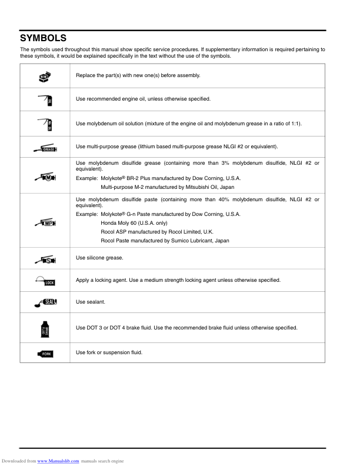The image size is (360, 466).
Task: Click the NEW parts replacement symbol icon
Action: pos(45,76)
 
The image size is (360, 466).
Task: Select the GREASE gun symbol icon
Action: pos(45,147)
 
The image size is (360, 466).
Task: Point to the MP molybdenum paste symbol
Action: pos(45,221)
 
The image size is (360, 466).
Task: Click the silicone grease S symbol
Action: pos(45,259)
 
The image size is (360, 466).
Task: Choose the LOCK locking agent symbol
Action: pos(45,281)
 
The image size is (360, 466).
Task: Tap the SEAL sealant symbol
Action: pos(45,302)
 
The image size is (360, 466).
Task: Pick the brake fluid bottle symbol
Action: pos(45,328)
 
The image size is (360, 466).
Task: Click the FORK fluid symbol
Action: pos(45,353)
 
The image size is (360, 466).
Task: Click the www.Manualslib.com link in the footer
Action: pos(58,461)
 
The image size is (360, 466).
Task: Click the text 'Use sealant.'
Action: pos(90,302)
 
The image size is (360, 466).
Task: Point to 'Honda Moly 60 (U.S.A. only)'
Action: pos(134,223)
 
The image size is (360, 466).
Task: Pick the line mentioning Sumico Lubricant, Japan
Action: pos(165,241)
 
